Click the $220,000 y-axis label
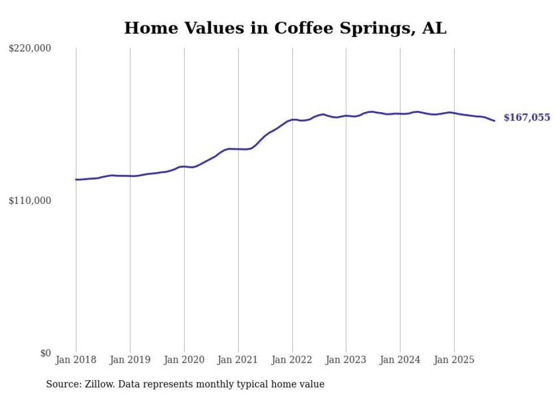click(x=29, y=49)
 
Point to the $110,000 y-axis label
click(x=29, y=201)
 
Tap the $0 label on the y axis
click(x=45, y=353)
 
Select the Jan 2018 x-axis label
click(x=76, y=360)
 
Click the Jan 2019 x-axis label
click(x=130, y=360)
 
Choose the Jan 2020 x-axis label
click(x=184, y=360)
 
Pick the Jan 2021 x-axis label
click(x=238, y=360)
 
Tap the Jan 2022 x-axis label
click(x=292, y=360)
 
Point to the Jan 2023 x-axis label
click(x=346, y=360)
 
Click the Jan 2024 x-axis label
click(x=400, y=360)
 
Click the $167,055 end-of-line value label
click(x=527, y=118)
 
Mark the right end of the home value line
click(x=494, y=121)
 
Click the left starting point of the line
click(x=76, y=180)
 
